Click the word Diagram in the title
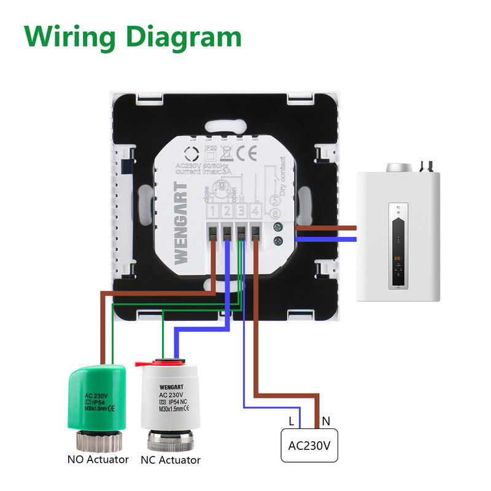pyautogui.click(x=184, y=38)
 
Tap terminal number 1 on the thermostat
pyautogui.click(x=212, y=212)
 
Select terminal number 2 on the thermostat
pyautogui.click(x=226, y=212)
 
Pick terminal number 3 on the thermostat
pyautogui.click(x=241, y=212)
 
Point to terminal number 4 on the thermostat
pyautogui.click(x=255, y=212)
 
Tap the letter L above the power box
pyautogui.click(x=291, y=421)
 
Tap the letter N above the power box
pyautogui.click(x=327, y=421)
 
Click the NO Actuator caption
pyautogui.click(x=98, y=459)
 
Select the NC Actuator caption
pyautogui.click(x=171, y=460)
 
